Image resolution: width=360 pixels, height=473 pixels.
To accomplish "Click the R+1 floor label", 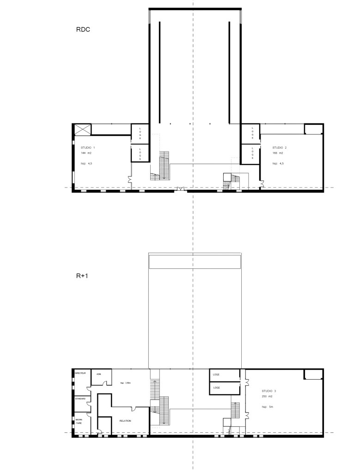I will [x=83, y=276].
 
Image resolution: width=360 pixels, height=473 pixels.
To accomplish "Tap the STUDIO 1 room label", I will [x=88, y=147].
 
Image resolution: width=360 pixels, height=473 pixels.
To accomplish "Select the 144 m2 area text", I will [x=86, y=153].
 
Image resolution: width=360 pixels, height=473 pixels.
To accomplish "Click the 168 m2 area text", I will [x=278, y=153].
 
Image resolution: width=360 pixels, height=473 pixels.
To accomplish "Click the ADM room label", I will [x=98, y=374].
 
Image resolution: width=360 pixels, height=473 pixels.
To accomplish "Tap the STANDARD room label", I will [x=80, y=398].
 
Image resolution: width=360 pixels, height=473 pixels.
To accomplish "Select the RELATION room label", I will [x=125, y=421].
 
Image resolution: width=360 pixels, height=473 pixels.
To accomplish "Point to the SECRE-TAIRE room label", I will [x=79, y=421].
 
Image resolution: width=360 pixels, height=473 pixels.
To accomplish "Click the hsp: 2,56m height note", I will [x=126, y=383].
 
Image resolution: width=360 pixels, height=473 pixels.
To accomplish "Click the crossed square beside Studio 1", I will [x=82, y=129].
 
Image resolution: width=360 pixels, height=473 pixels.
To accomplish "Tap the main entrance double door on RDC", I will [x=180, y=188].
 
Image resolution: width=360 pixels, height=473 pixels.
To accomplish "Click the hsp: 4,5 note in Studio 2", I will [x=278, y=164].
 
